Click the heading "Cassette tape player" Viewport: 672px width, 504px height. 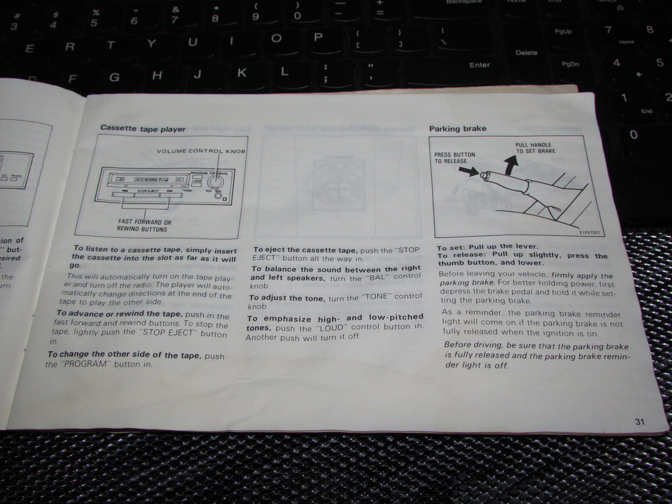(x=143, y=129)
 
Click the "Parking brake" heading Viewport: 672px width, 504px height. (x=458, y=128)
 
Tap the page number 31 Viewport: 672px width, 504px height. (x=639, y=422)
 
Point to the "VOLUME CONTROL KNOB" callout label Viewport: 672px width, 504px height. (x=201, y=151)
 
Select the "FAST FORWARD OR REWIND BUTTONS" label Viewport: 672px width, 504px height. (x=144, y=225)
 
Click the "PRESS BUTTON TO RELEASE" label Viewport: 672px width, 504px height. (x=454, y=158)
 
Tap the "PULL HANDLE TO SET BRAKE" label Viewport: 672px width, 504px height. (x=535, y=148)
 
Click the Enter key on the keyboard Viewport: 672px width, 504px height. (x=479, y=65)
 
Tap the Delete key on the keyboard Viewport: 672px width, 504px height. (x=526, y=53)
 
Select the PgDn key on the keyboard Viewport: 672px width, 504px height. (x=570, y=64)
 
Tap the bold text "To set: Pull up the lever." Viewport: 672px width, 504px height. (x=487, y=246)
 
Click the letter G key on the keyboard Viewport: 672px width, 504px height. (x=114, y=77)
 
